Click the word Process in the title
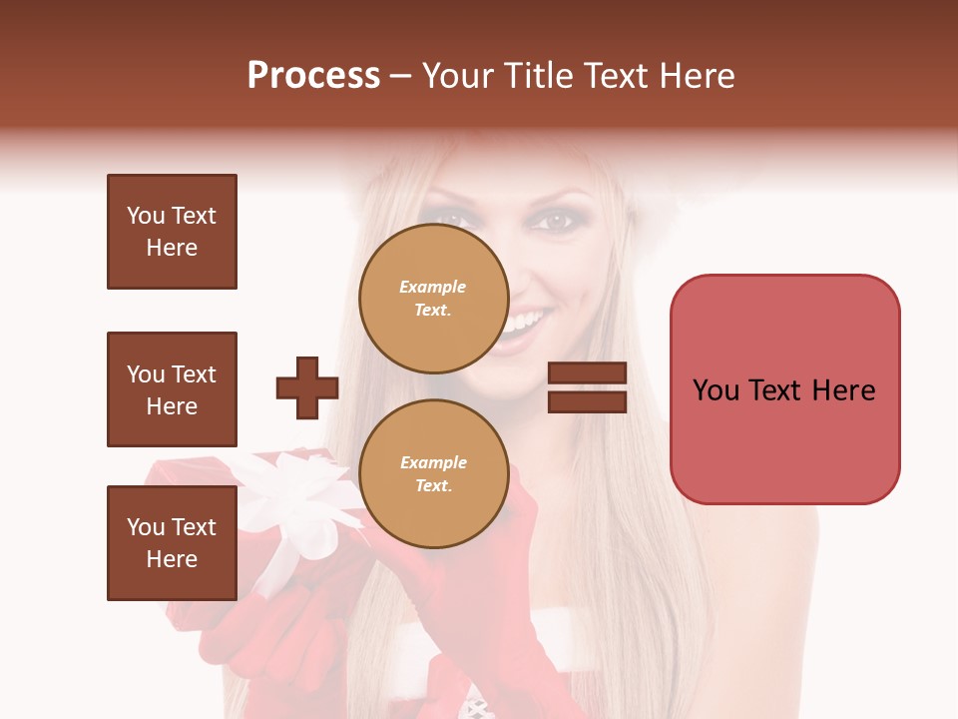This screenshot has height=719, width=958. (x=313, y=76)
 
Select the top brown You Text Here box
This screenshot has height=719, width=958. (x=172, y=232)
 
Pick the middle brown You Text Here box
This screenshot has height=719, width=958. (x=172, y=389)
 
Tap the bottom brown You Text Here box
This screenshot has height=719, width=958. (x=172, y=543)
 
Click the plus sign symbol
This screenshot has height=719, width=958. (x=307, y=387)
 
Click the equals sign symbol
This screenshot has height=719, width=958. (x=587, y=387)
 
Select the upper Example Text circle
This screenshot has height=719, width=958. (x=433, y=299)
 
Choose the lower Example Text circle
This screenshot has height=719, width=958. (x=433, y=474)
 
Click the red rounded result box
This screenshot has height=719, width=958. (x=784, y=389)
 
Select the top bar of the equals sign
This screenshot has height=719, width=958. (x=587, y=373)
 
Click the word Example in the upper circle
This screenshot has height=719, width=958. (x=432, y=288)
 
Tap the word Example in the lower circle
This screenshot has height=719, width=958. (x=433, y=463)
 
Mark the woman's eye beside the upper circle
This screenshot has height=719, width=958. (x=454, y=220)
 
